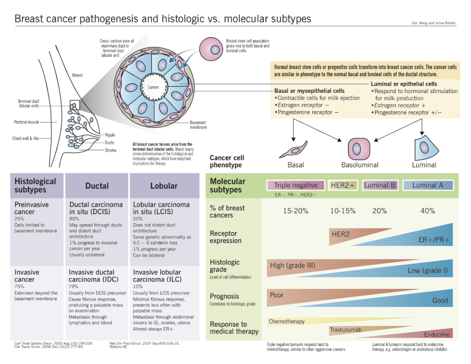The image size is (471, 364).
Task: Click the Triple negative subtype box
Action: [296, 185]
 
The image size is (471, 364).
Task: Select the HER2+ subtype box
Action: [343, 185]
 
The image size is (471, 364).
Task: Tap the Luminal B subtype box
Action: [379, 185]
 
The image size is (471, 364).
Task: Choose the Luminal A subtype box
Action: [428, 185]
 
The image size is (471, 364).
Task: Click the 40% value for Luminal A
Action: [428, 211]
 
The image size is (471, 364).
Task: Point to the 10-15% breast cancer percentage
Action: [343, 211]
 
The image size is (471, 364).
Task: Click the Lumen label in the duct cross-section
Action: [153, 87]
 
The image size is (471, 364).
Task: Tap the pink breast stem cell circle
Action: [211, 50]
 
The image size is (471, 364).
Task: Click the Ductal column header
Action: [97, 186]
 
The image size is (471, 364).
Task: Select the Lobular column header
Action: [164, 186]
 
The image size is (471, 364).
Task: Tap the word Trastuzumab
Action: [345, 330]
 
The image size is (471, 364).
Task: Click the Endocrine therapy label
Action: [437, 335]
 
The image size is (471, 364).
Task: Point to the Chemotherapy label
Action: [287, 321]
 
